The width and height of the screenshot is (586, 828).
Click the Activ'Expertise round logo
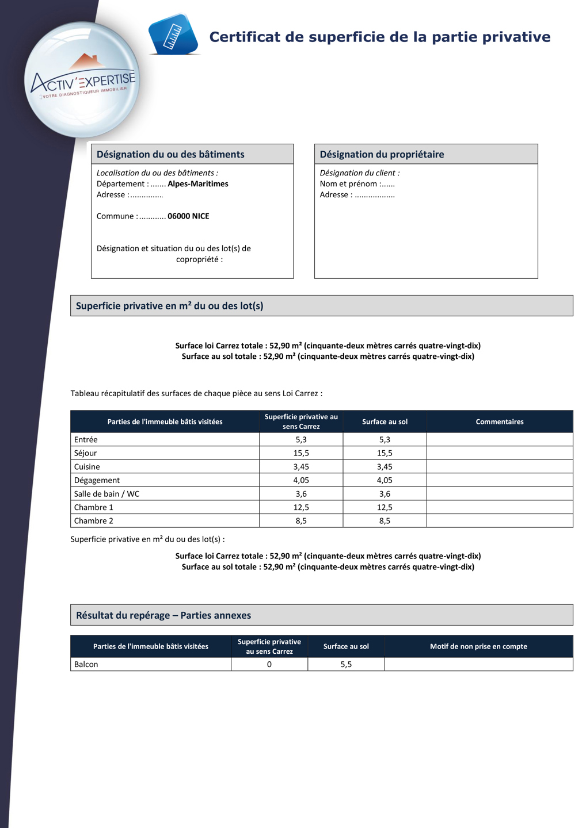click(82, 80)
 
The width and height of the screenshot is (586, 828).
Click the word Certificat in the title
click(245, 37)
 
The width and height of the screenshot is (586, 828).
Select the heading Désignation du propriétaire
click(382, 154)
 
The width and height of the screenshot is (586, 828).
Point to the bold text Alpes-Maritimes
click(197, 184)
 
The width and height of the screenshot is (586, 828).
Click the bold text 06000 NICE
click(188, 216)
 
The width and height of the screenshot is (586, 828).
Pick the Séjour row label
click(85, 453)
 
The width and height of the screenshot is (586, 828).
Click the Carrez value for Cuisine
click(301, 467)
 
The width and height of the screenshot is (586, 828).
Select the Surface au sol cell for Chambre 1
click(385, 507)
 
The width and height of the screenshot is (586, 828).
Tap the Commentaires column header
click(499, 421)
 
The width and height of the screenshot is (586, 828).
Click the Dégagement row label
click(97, 480)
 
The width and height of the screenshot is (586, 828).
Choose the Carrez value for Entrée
click(301, 439)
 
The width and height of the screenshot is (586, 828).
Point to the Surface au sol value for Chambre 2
click(385, 521)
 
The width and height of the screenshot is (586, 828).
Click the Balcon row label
click(86, 664)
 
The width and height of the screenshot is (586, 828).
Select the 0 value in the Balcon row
click(269, 664)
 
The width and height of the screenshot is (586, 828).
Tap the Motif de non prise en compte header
click(478, 646)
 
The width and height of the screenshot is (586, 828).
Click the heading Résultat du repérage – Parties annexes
click(163, 615)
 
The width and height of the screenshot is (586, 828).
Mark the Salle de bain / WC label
click(106, 494)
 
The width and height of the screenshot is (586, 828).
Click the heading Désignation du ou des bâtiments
click(170, 154)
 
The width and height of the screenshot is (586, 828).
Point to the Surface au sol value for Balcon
click(346, 664)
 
